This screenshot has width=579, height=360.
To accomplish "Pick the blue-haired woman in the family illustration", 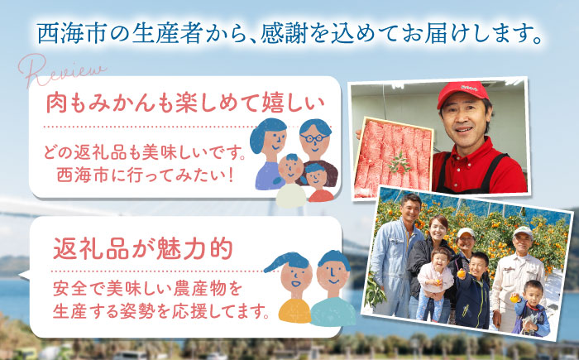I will tap(268, 149).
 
